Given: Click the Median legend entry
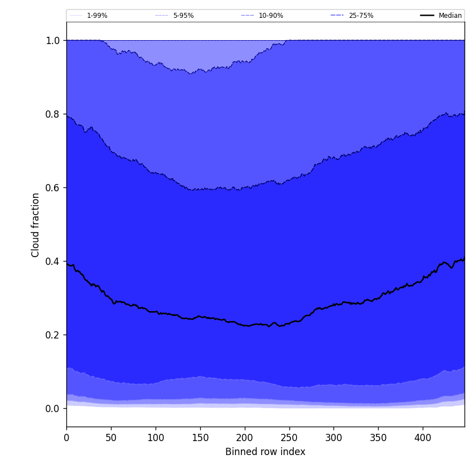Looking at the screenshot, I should (x=450, y=16).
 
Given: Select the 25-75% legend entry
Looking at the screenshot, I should (x=361, y=16).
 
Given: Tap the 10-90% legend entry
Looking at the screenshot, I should (x=270, y=16).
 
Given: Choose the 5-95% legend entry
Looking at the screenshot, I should (x=183, y=16).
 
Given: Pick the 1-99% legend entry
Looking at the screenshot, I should (x=97, y=16).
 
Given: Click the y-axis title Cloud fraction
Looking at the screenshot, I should (x=36, y=225).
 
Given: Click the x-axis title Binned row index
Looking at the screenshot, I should (x=265, y=452).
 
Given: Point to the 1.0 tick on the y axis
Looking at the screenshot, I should (x=52, y=41).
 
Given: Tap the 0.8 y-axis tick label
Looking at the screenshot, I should (x=52, y=114).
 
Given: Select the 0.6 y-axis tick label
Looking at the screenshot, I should (x=52, y=188).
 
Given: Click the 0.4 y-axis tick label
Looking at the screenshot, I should (x=52, y=262).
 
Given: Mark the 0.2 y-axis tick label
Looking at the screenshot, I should (x=52, y=335).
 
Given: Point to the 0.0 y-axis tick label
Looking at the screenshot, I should (x=52, y=409).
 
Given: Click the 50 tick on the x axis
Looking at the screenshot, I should (x=111, y=438).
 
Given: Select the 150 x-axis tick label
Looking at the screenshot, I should (x=200, y=438).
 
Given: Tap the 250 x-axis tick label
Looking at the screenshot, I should (x=289, y=438).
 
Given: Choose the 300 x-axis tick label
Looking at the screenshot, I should (x=333, y=438).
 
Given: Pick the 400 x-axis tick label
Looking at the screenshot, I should (x=423, y=438).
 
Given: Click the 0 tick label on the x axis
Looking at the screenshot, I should (x=66, y=438).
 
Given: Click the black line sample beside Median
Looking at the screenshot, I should (x=427, y=16).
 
